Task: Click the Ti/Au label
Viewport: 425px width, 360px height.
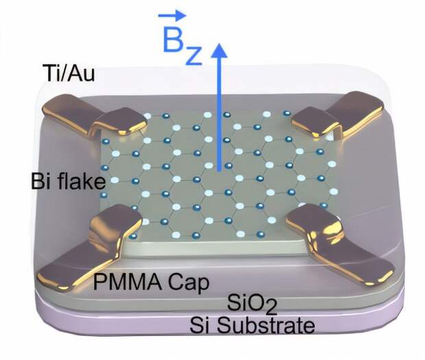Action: [69, 73]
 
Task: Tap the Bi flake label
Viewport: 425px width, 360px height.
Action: [68, 181]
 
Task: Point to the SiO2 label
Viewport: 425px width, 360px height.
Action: [252, 304]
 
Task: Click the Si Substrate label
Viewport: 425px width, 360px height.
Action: [252, 324]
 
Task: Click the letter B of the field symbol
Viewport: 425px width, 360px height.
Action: [173, 40]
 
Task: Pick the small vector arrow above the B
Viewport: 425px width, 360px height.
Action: [172, 15]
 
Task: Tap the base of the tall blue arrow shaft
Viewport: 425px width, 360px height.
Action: [219, 171]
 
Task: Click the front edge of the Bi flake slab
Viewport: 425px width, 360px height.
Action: [214, 248]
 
